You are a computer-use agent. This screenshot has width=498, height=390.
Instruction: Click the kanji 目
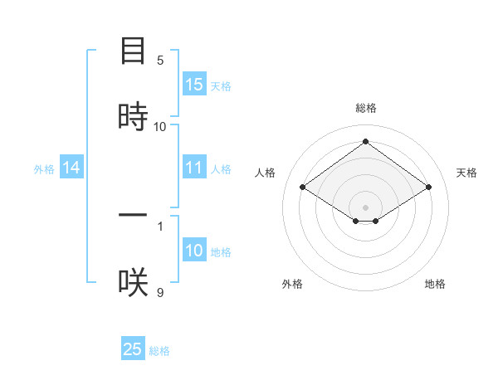point(133,51)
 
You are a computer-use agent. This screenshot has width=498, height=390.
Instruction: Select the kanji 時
point(133,116)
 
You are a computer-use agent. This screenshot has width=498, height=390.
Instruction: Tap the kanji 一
point(133,216)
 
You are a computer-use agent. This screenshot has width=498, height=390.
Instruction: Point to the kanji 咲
point(133,282)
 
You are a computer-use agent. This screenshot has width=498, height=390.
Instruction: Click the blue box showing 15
point(194,85)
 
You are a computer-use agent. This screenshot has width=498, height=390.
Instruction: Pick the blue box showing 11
point(194,168)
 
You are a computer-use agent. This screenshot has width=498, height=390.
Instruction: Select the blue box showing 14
point(71,168)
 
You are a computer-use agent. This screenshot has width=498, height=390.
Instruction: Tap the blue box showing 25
point(133,349)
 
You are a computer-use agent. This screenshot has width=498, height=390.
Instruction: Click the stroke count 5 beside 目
point(160,61)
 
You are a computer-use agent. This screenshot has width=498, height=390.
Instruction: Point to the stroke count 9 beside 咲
point(160,292)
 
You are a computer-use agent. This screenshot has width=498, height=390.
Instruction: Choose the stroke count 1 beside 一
point(160,226)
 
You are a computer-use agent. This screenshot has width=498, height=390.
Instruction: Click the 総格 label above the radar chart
point(365,108)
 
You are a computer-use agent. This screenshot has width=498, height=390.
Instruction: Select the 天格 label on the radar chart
point(466,173)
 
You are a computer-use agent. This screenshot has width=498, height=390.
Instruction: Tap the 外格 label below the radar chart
point(292,284)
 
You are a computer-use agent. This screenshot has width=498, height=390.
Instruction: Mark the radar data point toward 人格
point(303,188)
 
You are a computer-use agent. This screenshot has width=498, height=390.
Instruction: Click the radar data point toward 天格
point(428,188)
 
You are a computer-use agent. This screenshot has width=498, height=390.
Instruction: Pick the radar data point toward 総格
point(365,142)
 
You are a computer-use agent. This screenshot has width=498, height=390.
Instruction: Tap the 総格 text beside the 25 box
point(159,351)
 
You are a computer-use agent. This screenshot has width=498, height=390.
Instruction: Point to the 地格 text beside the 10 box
point(221,252)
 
